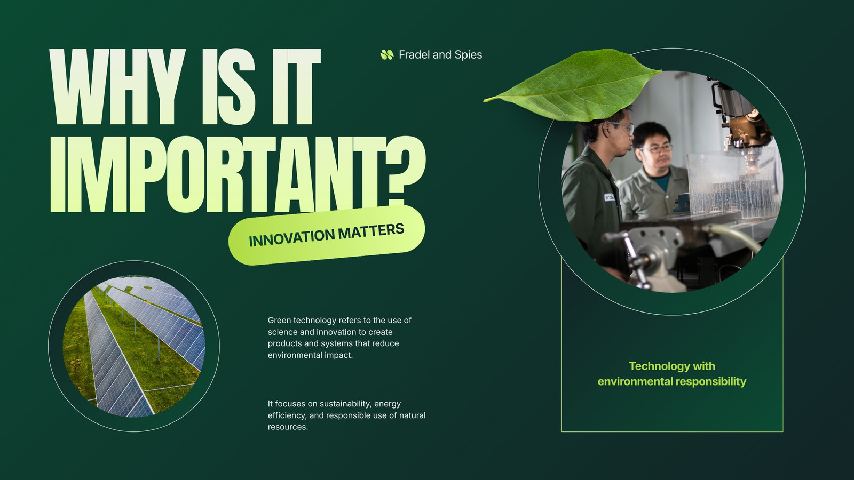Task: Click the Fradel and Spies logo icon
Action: (x=386, y=55)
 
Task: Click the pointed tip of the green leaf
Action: (x=484, y=101)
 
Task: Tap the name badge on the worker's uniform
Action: (x=609, y=197)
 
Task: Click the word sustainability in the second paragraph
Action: (x=345, y=404)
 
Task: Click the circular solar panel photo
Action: (x=134, y=346)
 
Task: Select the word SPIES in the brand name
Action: (x=468, y=55)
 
